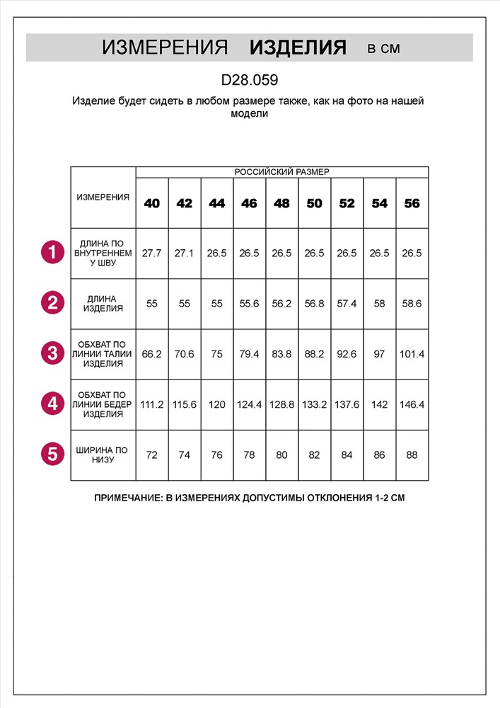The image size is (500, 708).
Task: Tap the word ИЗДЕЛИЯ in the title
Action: (x=298, y=47)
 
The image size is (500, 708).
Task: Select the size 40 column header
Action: (x=152, y=203)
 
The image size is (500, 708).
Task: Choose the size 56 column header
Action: (x=412, y=203)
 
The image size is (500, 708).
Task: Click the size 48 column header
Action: (x=281, y=203)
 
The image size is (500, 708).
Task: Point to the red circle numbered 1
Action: (x=52, y=253)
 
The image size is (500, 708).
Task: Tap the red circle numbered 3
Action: (x=52, y=353)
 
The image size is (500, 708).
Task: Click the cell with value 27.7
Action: (x=152, y=253)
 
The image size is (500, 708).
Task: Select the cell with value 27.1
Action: (x=185, y=253)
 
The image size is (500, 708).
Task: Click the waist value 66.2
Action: (x=152, y=354)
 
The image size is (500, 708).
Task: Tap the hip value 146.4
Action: (x=412, y=405)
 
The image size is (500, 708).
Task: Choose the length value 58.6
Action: (x=412, y=304)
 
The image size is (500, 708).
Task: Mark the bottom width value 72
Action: (x=152, y=455)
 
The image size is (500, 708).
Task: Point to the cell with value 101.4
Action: (x=412, y=354)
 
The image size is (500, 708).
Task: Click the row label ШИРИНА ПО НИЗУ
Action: (x=103, y=455)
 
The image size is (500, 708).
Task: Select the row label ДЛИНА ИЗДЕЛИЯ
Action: (x=103, y=304)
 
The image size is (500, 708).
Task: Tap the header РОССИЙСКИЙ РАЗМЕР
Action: (x=281, y=172)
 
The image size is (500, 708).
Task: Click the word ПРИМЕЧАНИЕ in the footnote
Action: (x=127, y=498)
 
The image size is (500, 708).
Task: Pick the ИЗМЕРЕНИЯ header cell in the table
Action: (x=103, y=198)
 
